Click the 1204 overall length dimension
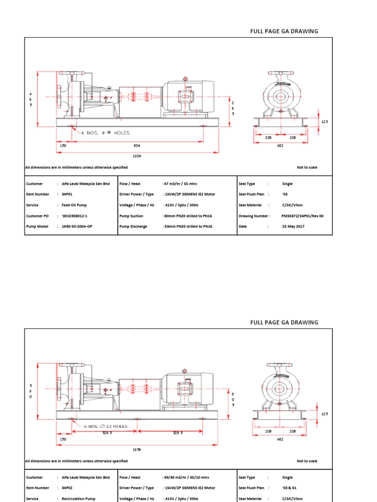pyautogui.click(x=136, y=157)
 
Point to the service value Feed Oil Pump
pyautogui.click(x=75, y=205)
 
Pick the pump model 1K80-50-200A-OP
pyautogui.click(x=80, y=226)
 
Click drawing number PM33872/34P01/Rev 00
pyautogui.click(x=303, y=216)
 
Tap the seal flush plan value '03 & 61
pyautogui.click(x=290, y=488)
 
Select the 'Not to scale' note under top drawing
pyautogui.click(x=307, y=168)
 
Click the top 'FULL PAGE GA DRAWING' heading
pyautogui.click(x=284, y=31)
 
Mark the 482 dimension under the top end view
pyautogui.click(x=280, y=146)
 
